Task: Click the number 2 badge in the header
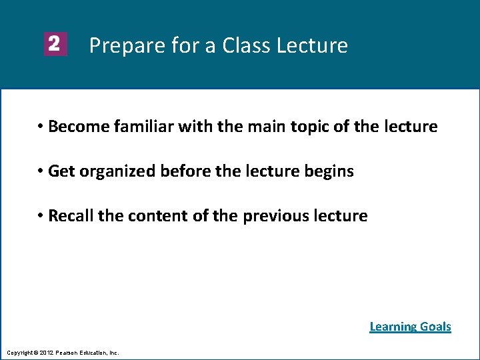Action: [55, 45]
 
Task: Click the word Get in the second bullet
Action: [61, 171]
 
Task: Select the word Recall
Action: [71, 216]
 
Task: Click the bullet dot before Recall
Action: [41, 216]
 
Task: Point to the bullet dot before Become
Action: [41, 127]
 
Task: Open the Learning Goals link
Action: [410, 327]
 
